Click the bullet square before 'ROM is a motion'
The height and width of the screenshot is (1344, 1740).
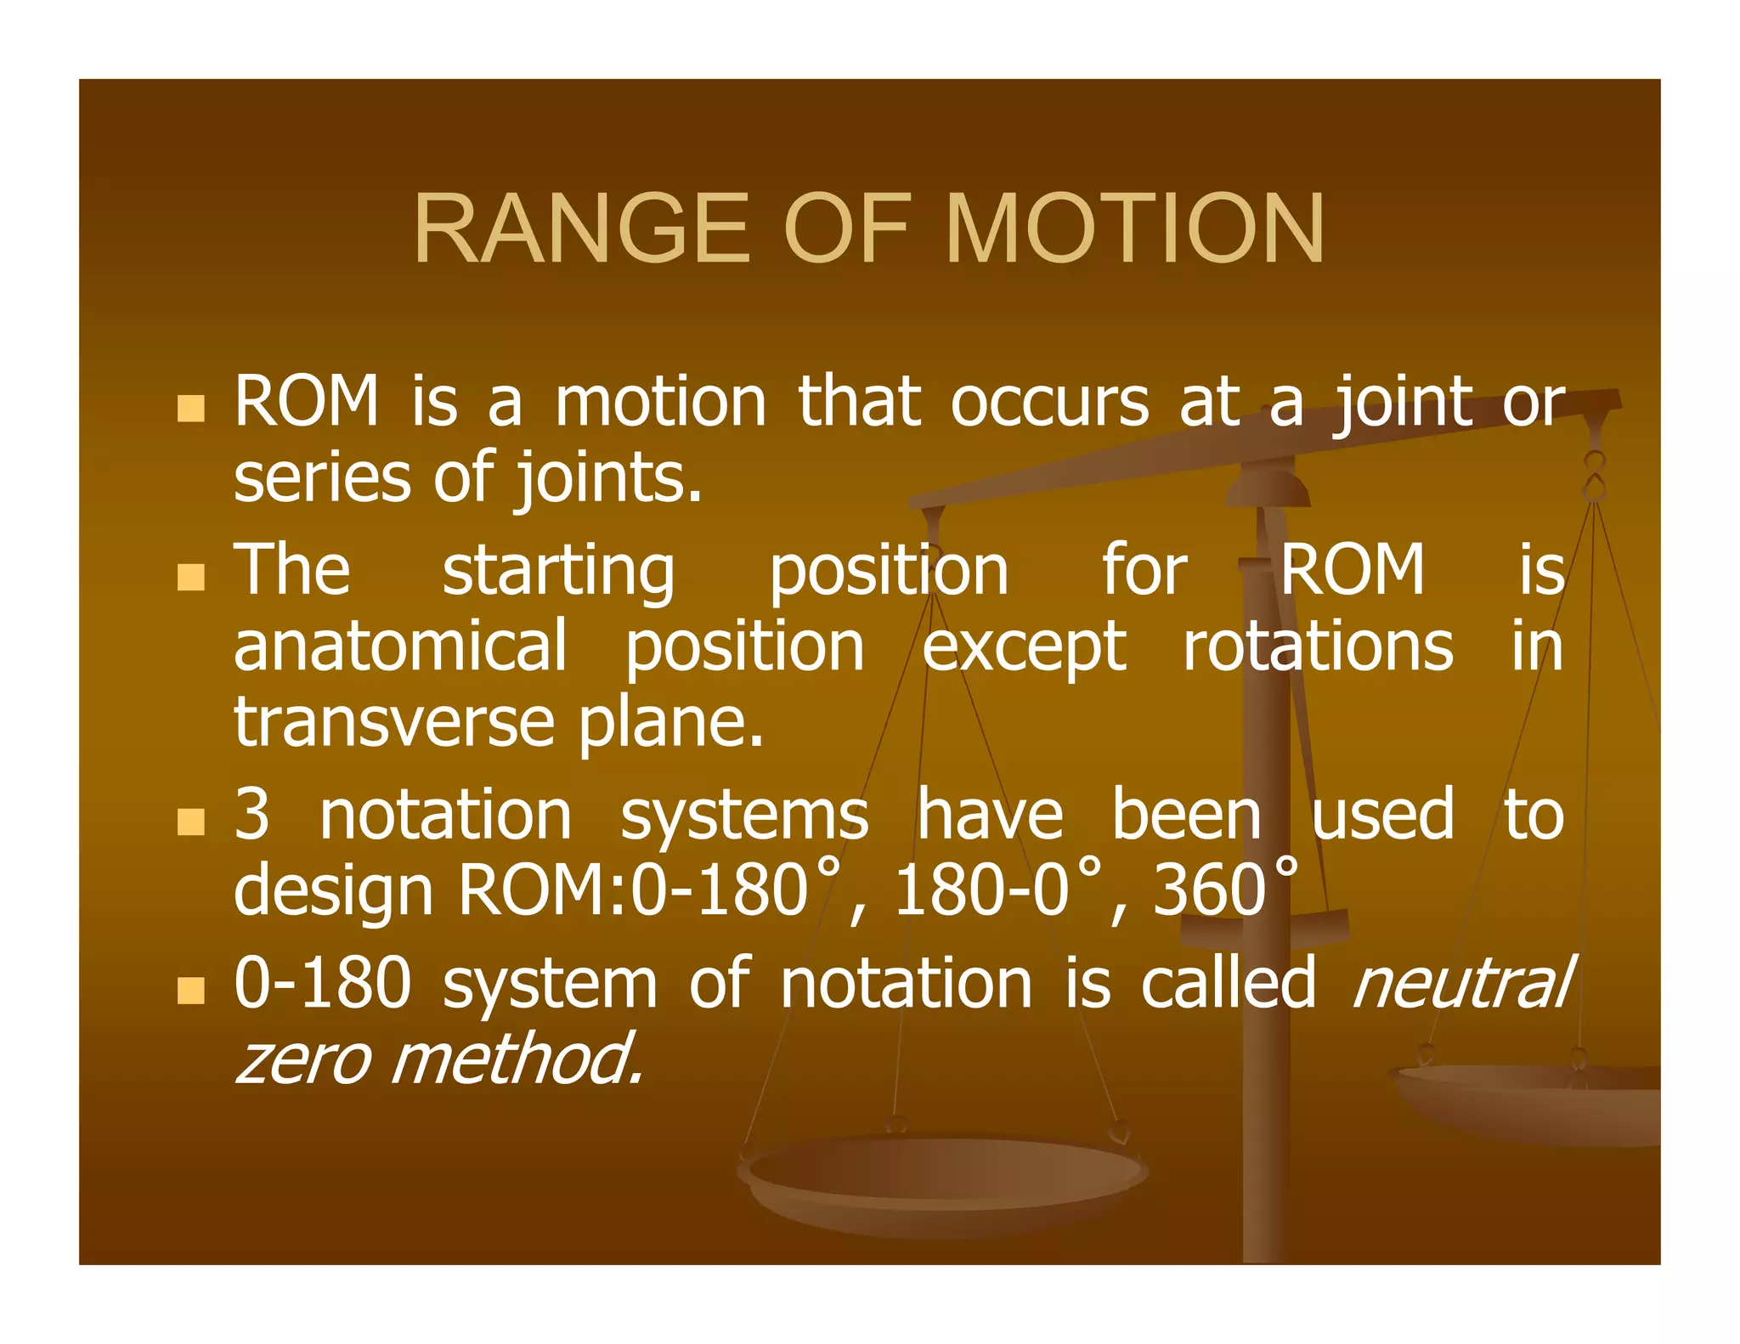[x=191, y=409]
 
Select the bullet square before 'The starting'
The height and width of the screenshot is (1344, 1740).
[x=191, y=577]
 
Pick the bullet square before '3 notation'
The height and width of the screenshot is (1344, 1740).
[x=191, y=822]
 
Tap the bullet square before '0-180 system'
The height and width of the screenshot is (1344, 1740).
[x=191, y=990]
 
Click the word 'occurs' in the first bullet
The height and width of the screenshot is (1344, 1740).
[x=1049, y=401]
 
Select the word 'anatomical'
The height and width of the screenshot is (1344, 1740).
[x=400, y=647]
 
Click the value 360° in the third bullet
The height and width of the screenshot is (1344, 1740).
[x=1224, y=890]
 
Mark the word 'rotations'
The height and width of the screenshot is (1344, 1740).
[x=1318, y=647]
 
